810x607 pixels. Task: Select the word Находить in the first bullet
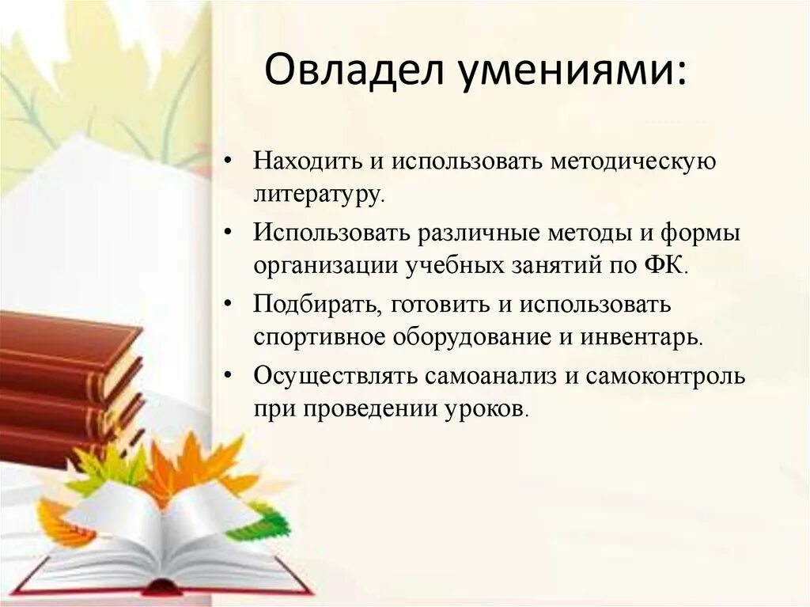pyautogui.click(x=297, y=161)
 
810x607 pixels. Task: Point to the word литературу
pyautogui.click(x=318, y=193)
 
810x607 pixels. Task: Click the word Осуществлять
pyautogui.click(x=335, y=376)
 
